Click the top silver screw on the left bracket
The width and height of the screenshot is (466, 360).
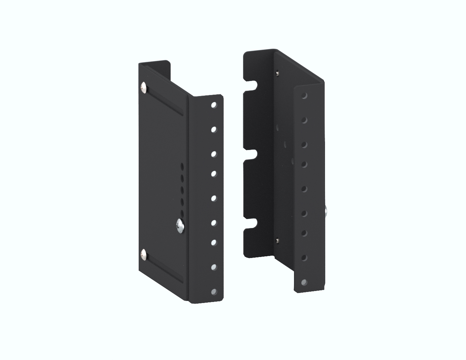(x=144, y=88)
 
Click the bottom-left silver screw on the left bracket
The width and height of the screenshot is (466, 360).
(x=144, y=254)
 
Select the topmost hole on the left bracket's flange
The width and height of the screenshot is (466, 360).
(x=213, y=105)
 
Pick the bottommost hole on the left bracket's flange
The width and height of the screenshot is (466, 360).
(x=213, y=292)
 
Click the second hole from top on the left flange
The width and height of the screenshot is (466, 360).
(x=213, y=129)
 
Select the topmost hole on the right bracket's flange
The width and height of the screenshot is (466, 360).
(x=304, y=96)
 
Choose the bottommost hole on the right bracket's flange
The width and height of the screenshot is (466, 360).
(x=304, y=282)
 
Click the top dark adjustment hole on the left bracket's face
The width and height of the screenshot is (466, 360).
(x=182, y=166)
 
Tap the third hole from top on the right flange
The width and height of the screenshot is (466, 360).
(x=304, y=144)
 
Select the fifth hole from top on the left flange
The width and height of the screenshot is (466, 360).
(x=213, y=198)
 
